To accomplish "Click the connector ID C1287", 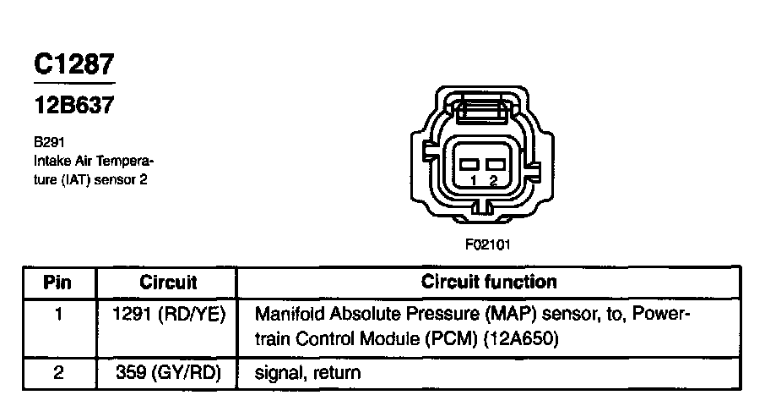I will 73,64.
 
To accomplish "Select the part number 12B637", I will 73,107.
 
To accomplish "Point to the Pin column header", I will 58,282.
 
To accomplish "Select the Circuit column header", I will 168,282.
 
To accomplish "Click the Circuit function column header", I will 489,282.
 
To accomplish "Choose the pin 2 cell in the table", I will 58,372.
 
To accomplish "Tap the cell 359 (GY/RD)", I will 168,372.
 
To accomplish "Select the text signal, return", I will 307,373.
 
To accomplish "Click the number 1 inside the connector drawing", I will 474,181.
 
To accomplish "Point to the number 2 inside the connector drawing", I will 493,181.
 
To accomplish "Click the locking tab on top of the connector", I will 481,109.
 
